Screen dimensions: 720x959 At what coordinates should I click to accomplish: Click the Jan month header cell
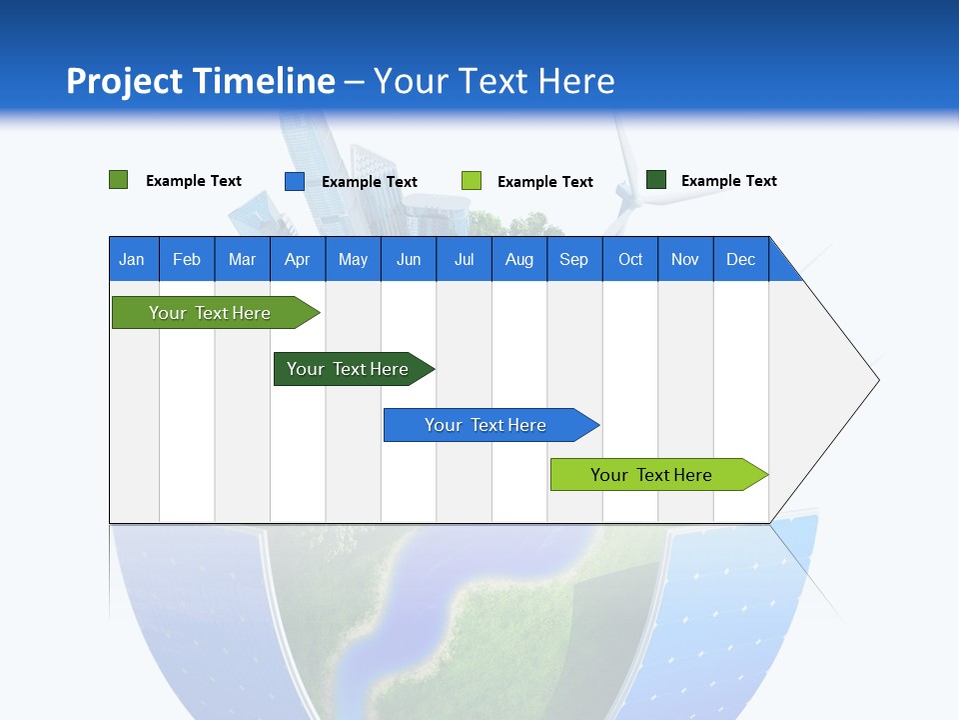pos(133,259)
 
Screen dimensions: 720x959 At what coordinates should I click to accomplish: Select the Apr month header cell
pos(298,259)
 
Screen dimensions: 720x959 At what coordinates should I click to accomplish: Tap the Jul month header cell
pos(464,259)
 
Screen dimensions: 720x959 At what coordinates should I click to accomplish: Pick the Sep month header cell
pos(574,259)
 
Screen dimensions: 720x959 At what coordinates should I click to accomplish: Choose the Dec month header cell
pos(740,259)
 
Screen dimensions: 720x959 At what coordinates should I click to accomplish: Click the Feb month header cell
pos(187,259)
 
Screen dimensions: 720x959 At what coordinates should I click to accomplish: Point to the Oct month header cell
pos(630,259)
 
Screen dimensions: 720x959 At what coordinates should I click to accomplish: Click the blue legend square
pos(295,181)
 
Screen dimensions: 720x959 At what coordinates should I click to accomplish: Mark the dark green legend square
pos(656,180)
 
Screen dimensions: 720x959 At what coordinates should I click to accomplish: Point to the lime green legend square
pos(472,181)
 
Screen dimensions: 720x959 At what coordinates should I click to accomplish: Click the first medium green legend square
pos(119,180)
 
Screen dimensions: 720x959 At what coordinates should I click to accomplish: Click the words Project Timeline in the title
pos(200,81)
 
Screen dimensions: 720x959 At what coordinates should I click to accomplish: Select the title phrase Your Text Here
pos(494,81)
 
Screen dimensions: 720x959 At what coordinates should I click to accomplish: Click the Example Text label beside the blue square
pos(370,182)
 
